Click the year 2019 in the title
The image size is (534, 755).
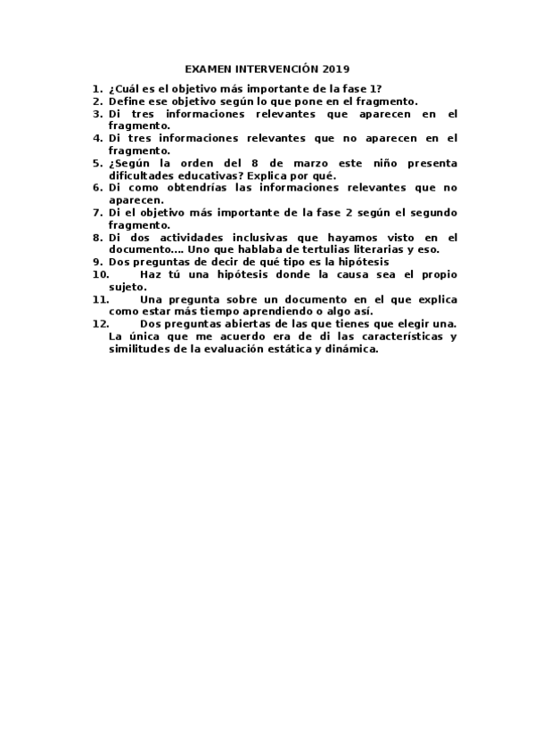pos(337,69)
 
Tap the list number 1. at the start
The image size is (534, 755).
pos(97,89)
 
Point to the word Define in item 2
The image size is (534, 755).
pos(127,101)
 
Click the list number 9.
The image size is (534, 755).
pos(97,263)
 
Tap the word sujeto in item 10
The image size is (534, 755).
pos(126,287)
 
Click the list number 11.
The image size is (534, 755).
pos(100,300)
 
